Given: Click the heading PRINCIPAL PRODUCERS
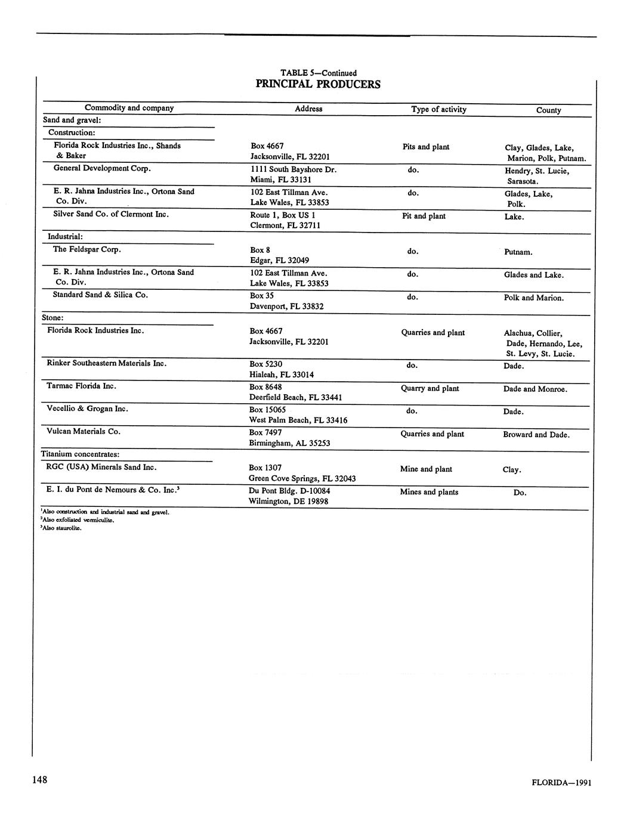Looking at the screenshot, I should coord(317,84).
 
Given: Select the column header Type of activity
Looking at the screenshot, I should coord(438,109).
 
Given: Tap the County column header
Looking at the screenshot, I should coord(548,110).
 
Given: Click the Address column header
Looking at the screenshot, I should coord(308,109).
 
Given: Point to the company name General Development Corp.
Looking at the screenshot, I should coord(101,168).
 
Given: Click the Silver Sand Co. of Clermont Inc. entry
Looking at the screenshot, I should coord(111,214).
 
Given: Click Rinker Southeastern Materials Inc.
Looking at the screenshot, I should coord(107,363).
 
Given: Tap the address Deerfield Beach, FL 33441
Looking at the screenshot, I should coord(295,397).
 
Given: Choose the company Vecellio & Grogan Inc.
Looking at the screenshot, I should coord(88,409).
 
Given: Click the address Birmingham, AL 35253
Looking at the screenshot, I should coord(289,443).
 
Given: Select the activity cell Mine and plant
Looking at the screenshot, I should coord(426,469).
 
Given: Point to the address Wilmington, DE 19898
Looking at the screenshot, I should coord(288,502).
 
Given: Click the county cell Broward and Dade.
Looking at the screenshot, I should coord(536,435).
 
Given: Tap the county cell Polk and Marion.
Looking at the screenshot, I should coord(533,298).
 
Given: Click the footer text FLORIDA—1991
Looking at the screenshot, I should coord(561,783).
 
